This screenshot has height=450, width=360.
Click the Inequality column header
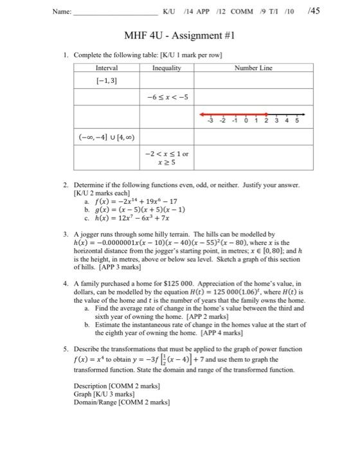[x=166, y=67]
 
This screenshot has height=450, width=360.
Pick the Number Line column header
[x=255, y=67]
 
